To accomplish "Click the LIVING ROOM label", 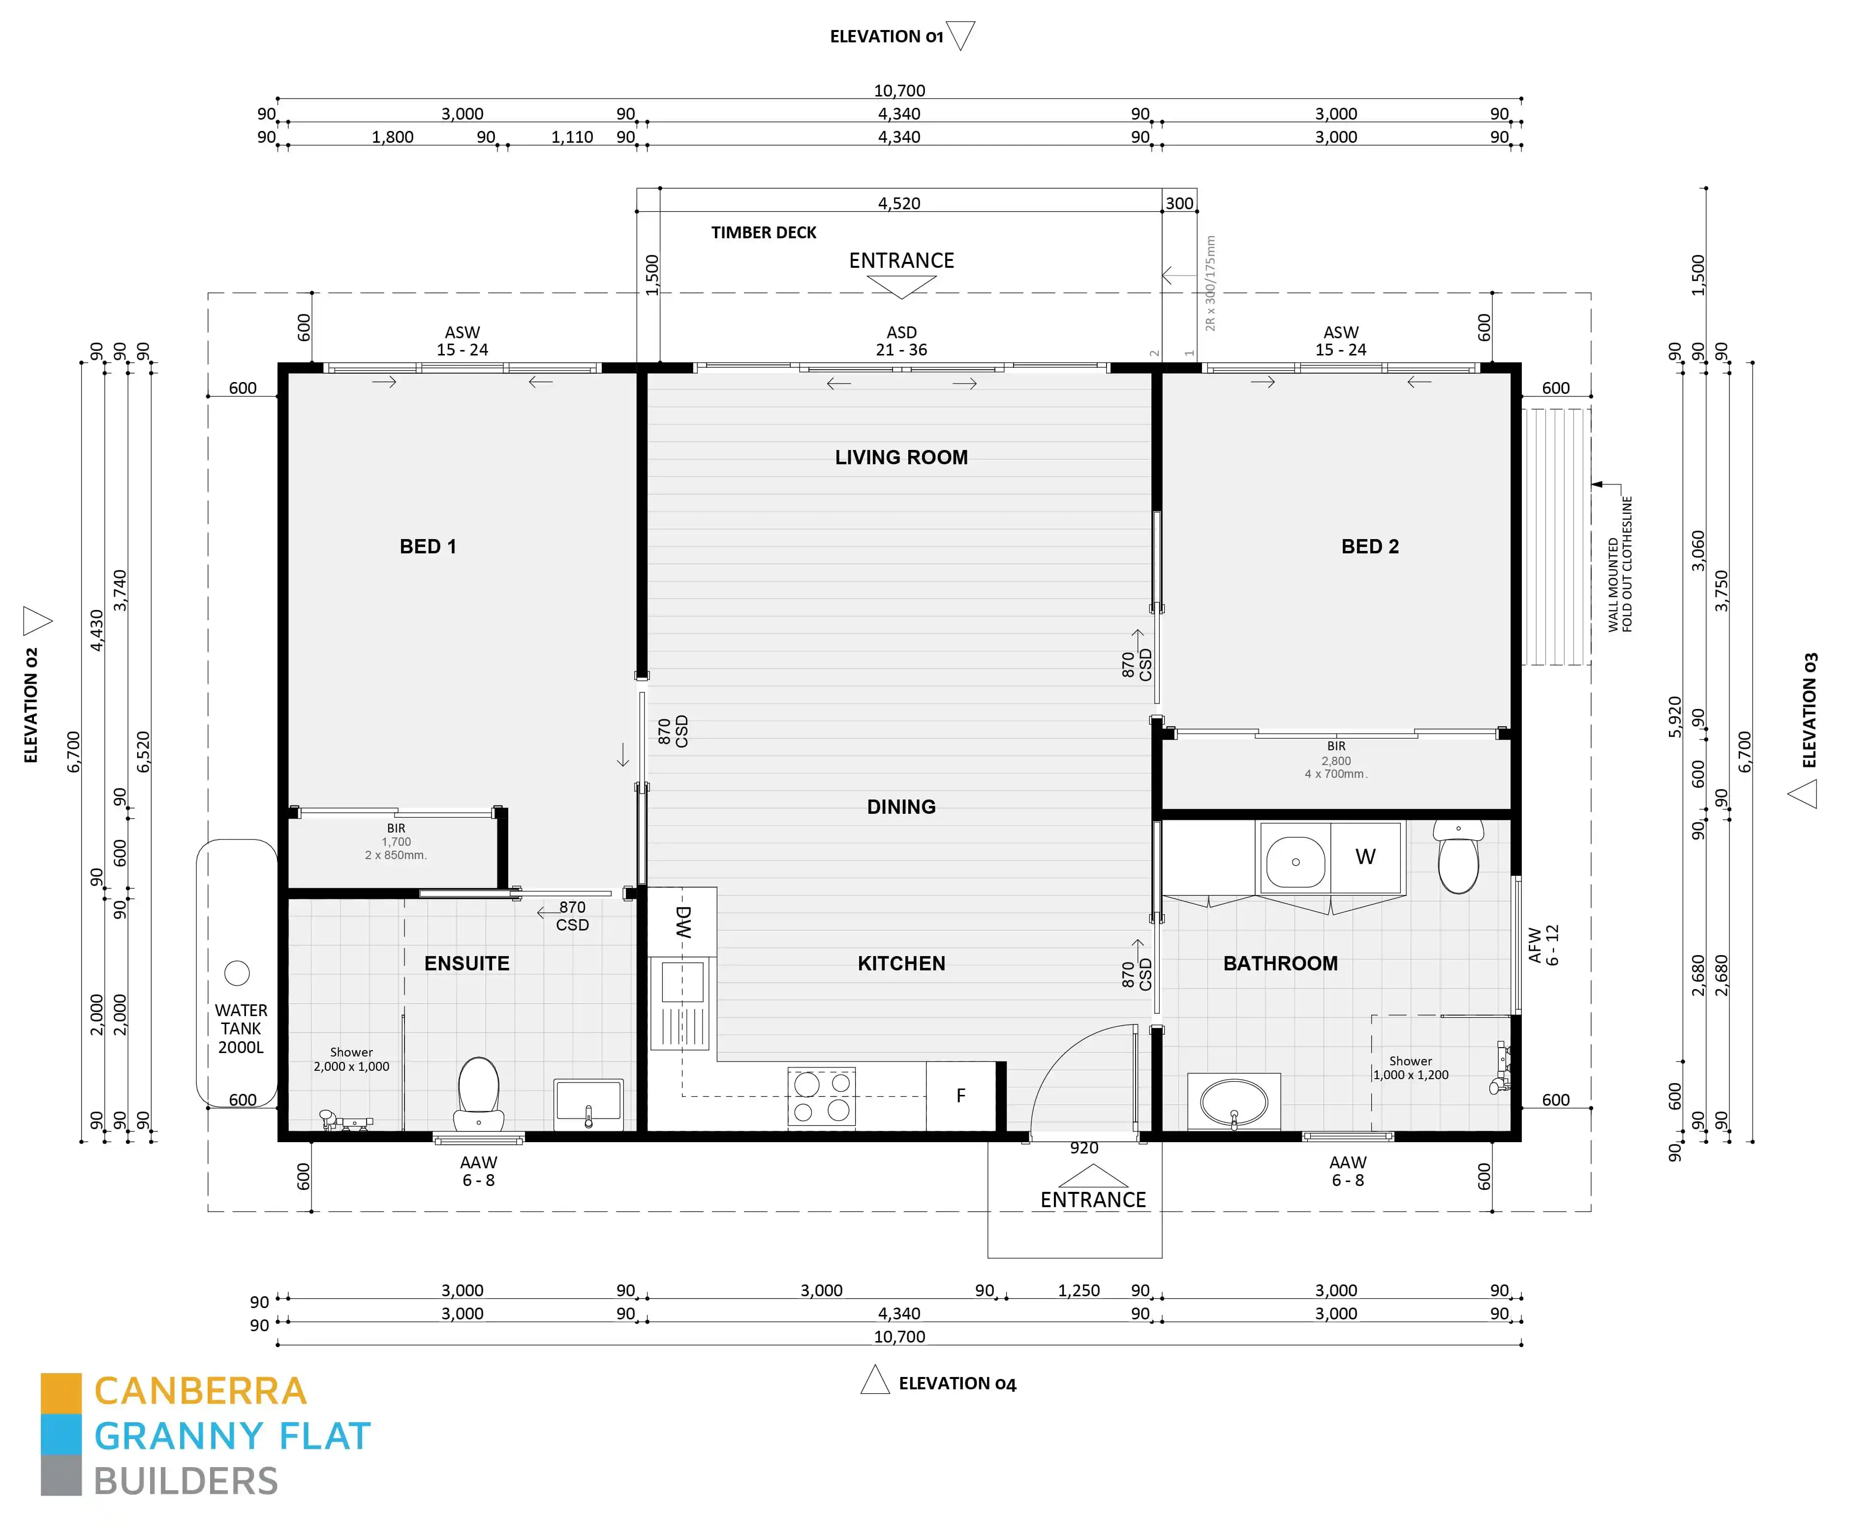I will (x=901, y=457).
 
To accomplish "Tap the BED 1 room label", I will (x=428, y=546).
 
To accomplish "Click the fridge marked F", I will (x=960, y=1095).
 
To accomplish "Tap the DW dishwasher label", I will (x=683, y=921).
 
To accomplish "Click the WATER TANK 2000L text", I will (x=241, y=1028).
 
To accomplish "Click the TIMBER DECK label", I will (x=764, y=233).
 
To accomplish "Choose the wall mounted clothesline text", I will (x=1620, y=564).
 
